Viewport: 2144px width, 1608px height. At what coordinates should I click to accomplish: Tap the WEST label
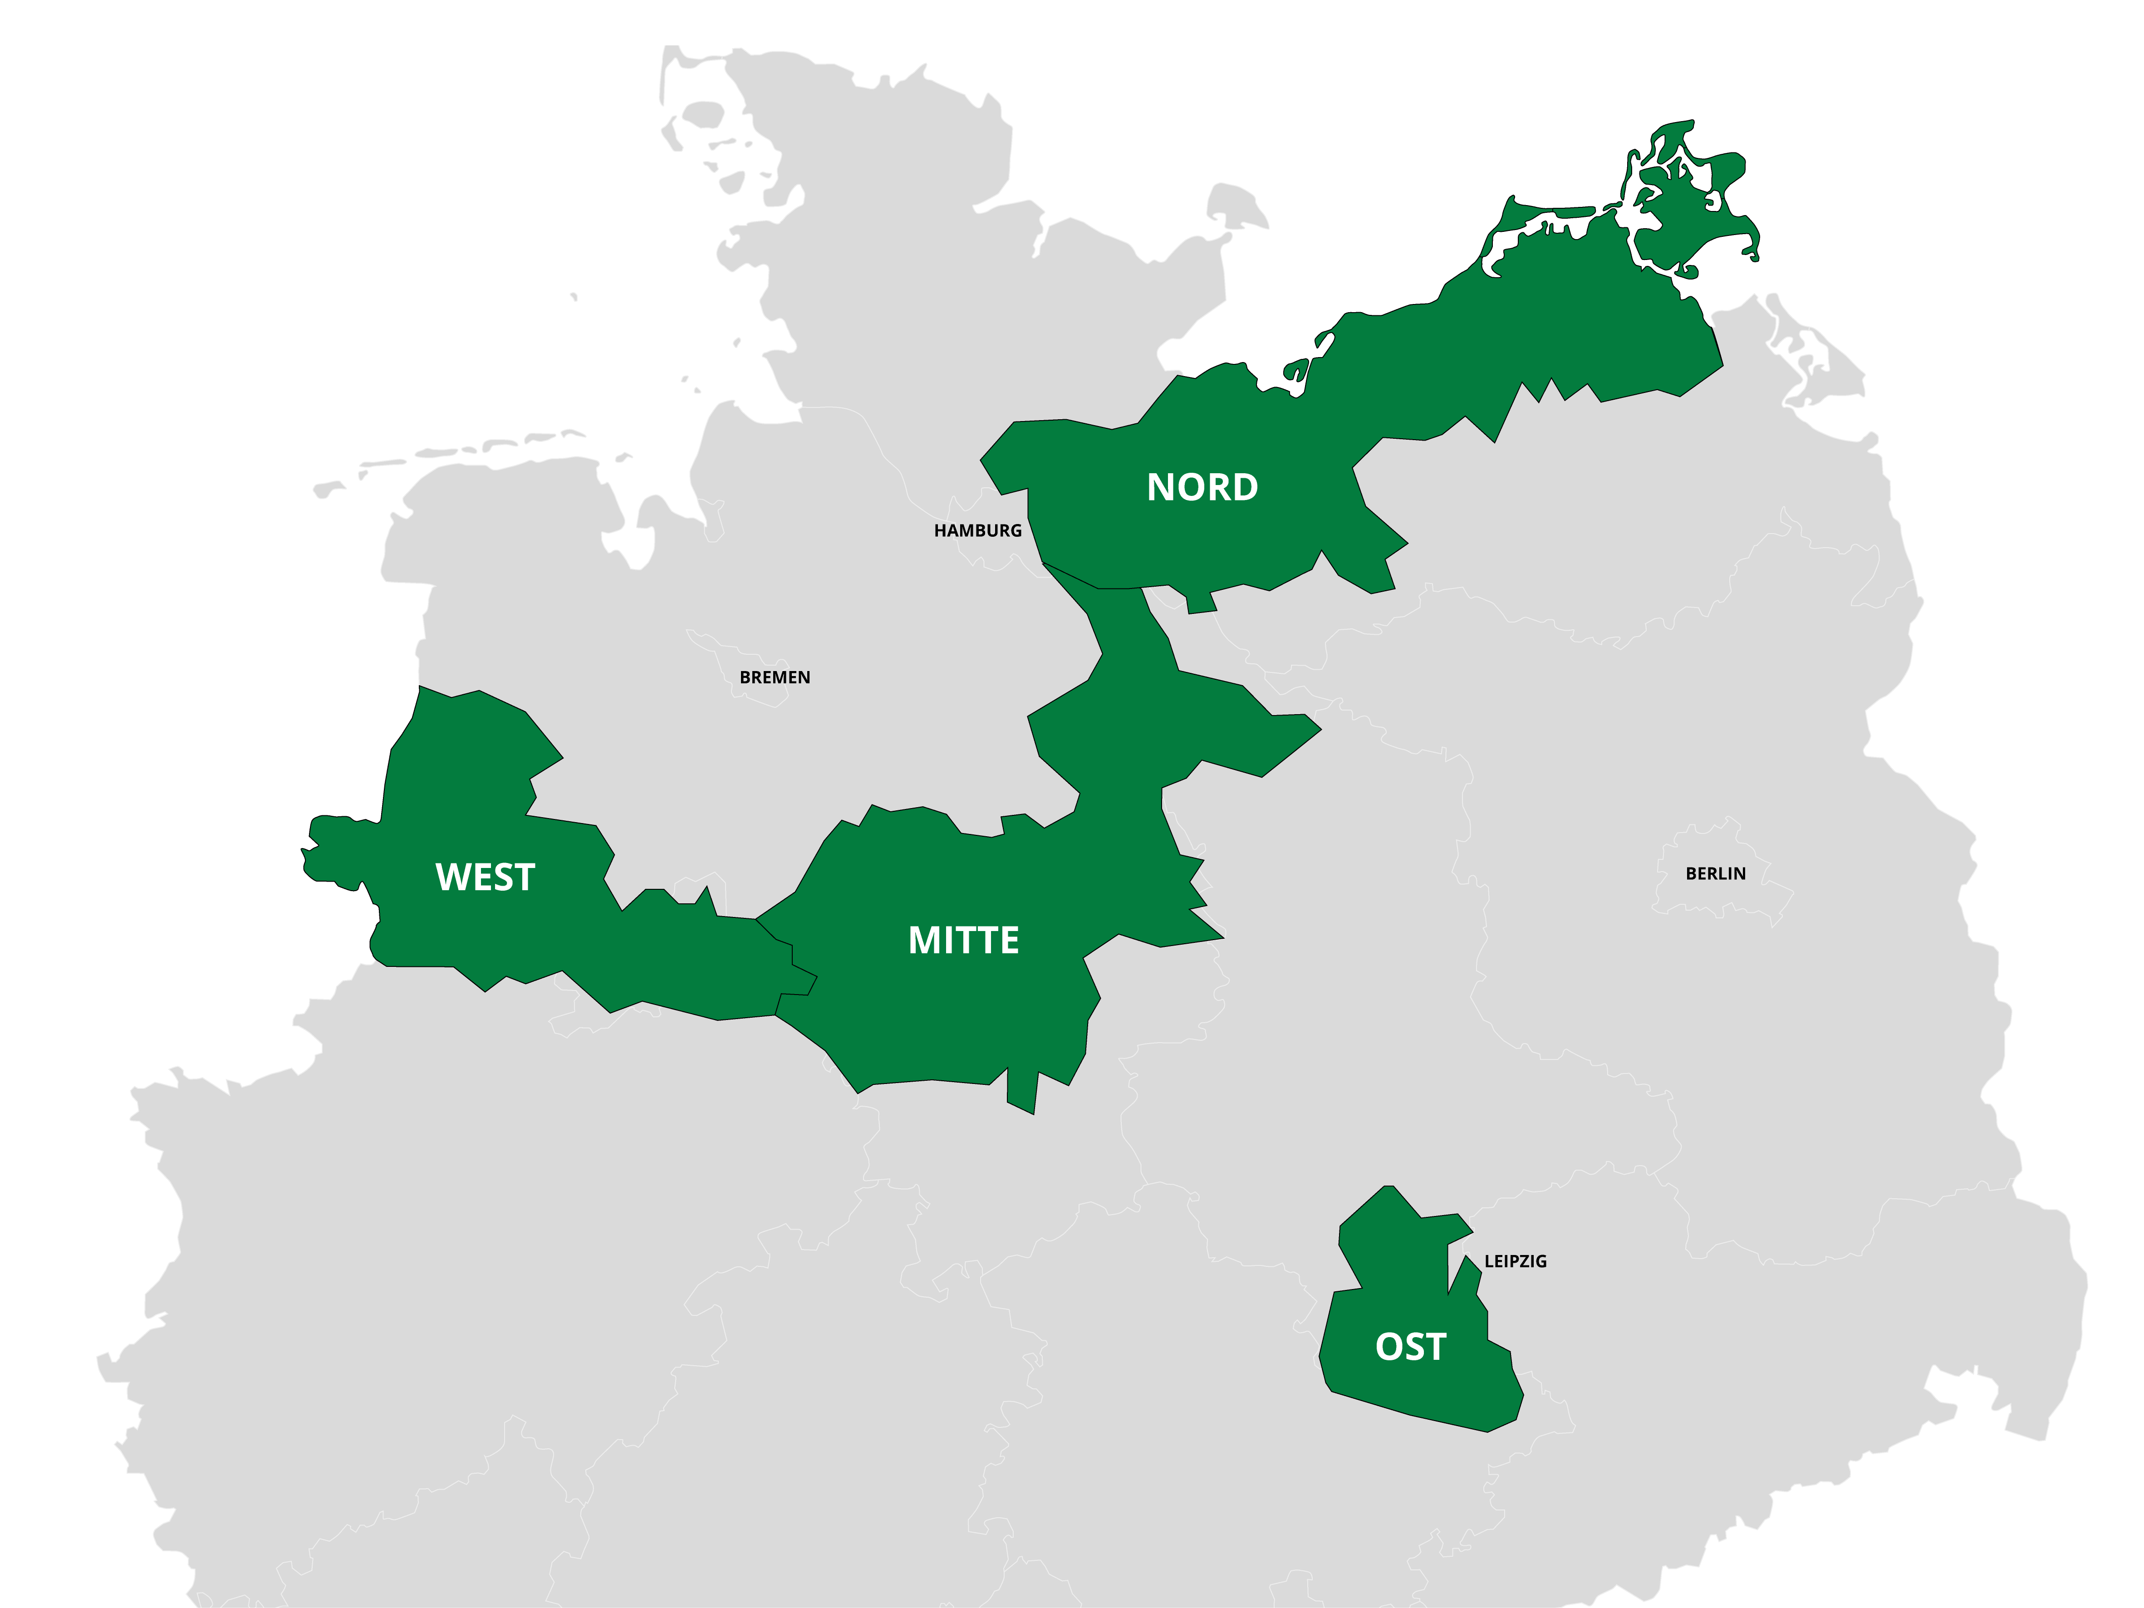485,877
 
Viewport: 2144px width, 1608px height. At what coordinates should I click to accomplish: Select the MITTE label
963,940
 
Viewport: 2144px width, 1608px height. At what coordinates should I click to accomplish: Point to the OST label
1410,1347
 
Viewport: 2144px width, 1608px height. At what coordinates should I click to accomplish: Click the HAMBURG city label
977,530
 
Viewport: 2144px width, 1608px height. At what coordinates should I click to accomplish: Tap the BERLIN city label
1716,873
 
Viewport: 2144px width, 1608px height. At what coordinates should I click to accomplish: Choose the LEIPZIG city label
1515,1261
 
